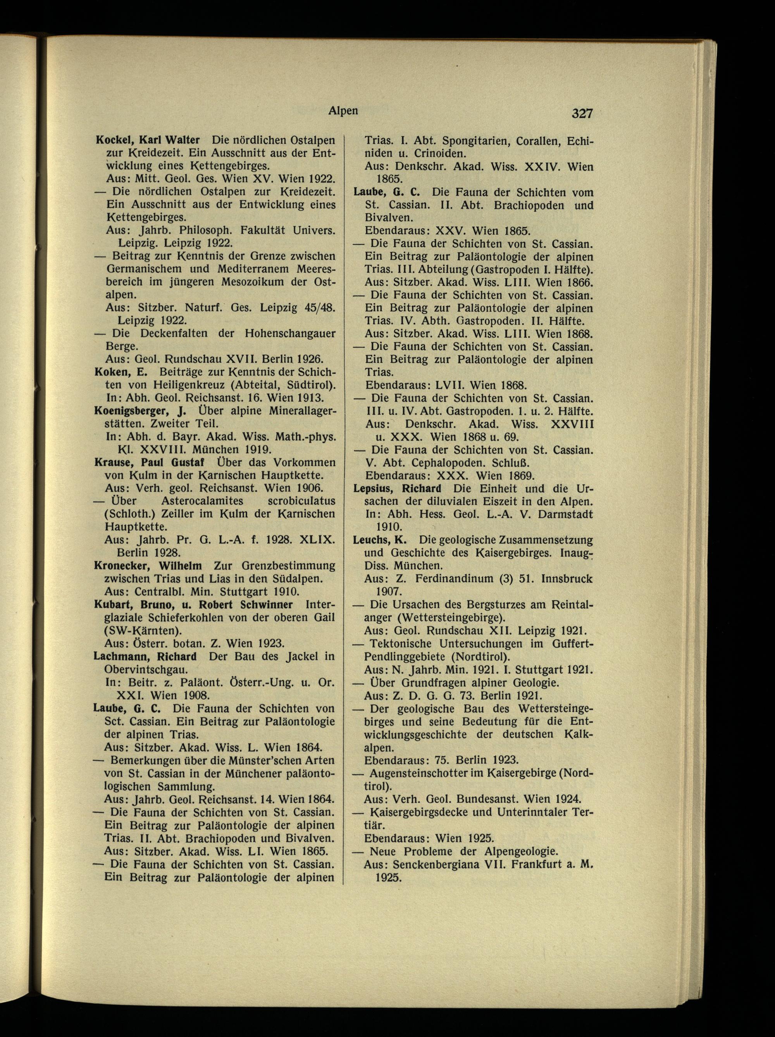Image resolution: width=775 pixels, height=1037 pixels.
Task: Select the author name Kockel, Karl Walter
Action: (x=148, y=140)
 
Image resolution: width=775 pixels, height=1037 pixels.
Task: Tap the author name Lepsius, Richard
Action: (x=397, y=488)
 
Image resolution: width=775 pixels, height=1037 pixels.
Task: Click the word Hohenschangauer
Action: (x=290, y=334)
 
